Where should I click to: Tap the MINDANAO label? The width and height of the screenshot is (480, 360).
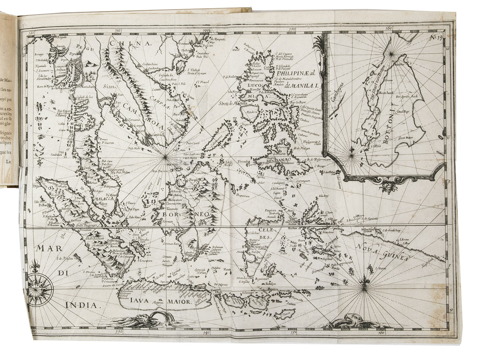[277, 161]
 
